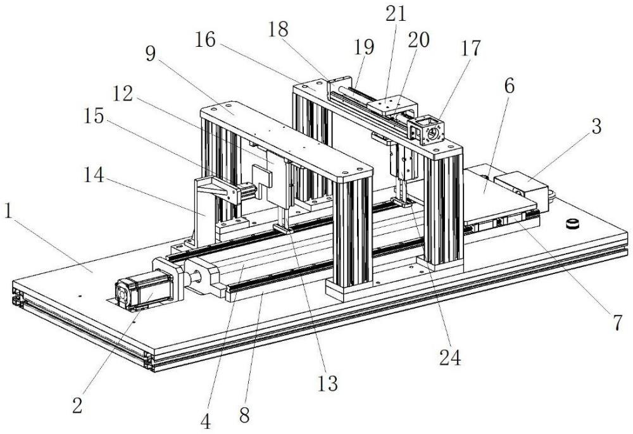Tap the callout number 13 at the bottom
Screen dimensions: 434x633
329,383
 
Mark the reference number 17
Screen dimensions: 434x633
471,49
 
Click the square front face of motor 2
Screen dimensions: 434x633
129,295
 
